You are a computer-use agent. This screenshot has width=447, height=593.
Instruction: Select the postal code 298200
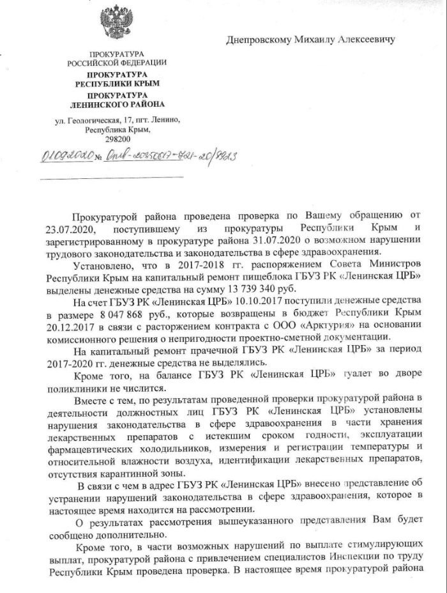click(x=117, y=139)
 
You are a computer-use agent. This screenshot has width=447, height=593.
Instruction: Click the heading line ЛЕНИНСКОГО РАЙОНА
click(x=117, y=104)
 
